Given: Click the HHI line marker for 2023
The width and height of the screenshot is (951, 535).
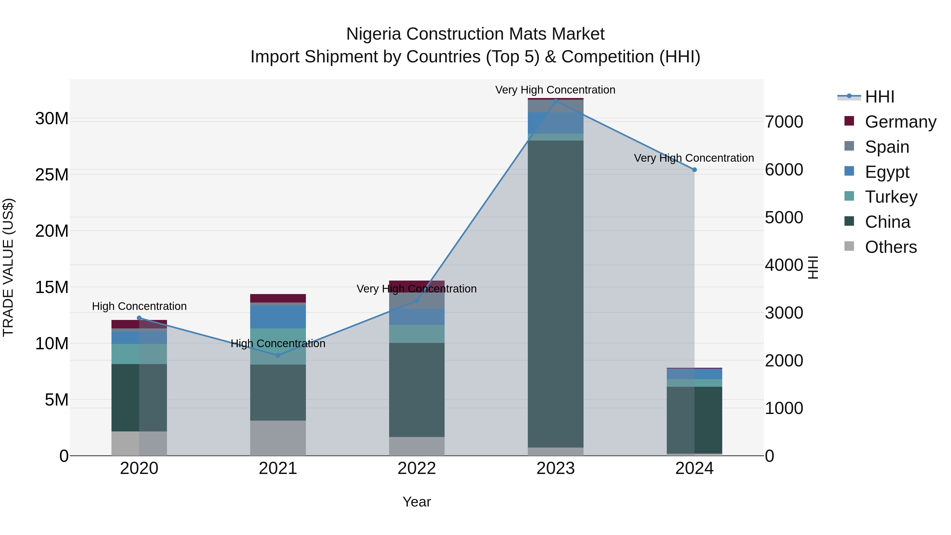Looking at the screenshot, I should (x=556, y=100).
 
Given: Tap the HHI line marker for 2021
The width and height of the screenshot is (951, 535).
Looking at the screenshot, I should (x=278, y=355).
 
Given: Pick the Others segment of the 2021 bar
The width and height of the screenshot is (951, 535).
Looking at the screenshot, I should (x=278, y=438).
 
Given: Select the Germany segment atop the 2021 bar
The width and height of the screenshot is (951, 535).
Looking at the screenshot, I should (x=278, y=298).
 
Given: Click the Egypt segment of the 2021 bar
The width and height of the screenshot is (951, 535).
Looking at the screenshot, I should (x=278, y=317).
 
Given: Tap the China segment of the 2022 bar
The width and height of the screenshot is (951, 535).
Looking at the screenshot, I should (x=417, y=389).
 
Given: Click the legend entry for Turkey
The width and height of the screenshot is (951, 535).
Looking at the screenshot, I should (x=891, y=197).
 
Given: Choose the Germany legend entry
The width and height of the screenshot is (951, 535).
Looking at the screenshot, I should (x=900, y=122).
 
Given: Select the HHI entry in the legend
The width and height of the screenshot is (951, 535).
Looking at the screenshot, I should (x=879, y=97).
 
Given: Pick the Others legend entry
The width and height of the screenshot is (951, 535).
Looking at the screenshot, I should (x=891, y=247).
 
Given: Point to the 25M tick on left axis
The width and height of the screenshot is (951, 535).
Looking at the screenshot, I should (x=52, y=175).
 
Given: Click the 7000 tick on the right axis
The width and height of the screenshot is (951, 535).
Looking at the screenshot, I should (x=784, y=122).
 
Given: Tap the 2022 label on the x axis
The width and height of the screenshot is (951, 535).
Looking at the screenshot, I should (x=417, y=468).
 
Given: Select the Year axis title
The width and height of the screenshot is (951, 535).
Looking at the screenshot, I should (x=417, y=502).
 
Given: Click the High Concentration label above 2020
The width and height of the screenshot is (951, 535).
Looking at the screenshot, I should (x=139, y=306).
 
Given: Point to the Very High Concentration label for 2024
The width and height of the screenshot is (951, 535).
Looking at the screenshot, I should (x=694, y=158).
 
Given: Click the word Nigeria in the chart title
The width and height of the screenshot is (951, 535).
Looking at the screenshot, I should (x=373, y=34).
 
